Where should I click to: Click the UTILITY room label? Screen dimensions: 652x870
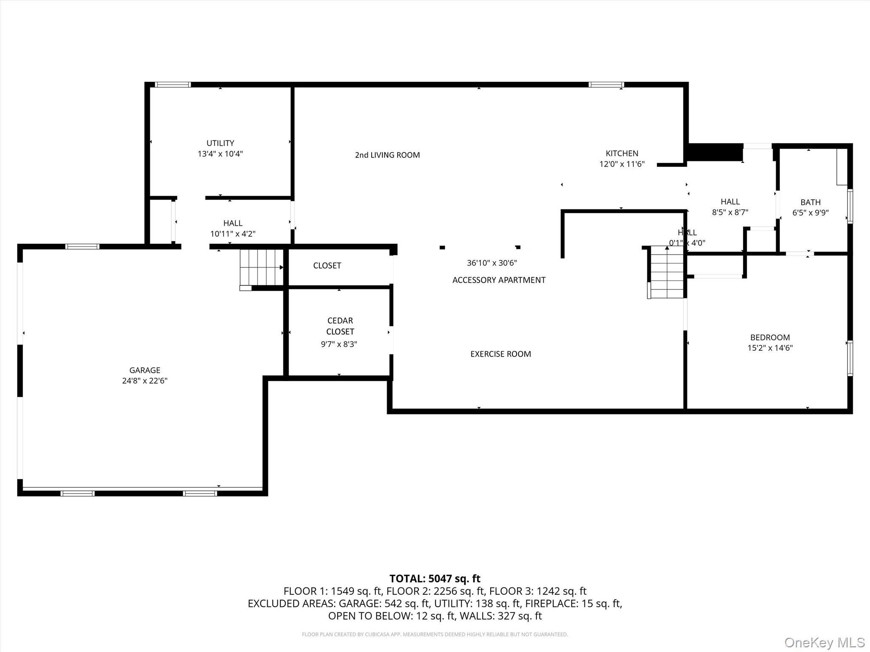click(220, 143)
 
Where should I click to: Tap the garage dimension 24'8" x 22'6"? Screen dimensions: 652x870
click(145, 381)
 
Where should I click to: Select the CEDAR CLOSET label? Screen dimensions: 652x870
click(340, 326)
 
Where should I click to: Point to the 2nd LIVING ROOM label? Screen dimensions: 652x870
click(387, 155)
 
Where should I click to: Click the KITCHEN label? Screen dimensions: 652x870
click(621, 153)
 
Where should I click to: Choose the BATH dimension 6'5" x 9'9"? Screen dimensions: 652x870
click(810, 213)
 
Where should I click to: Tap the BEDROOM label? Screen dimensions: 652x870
click(770, 337)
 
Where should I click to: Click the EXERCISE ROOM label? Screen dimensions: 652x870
click(500, 354)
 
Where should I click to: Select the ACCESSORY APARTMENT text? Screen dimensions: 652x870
click(499, 280)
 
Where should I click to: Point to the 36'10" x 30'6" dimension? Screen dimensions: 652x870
click(491, 263)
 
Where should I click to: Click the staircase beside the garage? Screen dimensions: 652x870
click(261, 267)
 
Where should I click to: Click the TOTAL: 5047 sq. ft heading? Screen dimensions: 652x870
click(435, 579)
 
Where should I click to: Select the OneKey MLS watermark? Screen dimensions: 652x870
click(824, 642)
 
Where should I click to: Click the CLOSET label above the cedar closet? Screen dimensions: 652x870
click(327, 266)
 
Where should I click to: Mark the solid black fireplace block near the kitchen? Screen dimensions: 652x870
click(715, 152)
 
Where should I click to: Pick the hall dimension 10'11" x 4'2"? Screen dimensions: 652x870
click(233, 234)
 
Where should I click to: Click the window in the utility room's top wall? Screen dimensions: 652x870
click(172, 85)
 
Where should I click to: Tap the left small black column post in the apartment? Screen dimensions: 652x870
click(442, 247)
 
